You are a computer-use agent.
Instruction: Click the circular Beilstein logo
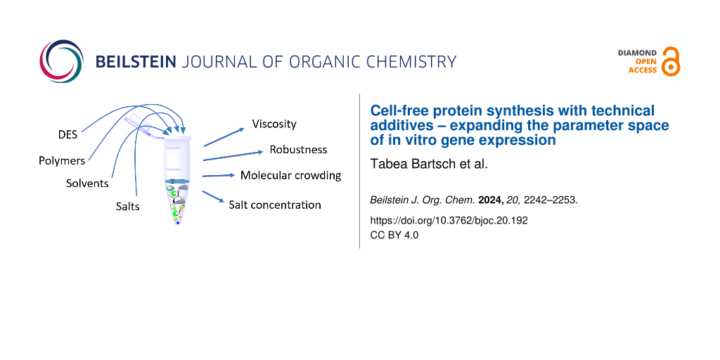62,62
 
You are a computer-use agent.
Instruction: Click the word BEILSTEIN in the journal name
136,62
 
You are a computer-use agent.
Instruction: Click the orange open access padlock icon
671,61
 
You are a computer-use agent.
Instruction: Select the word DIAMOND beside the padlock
638,53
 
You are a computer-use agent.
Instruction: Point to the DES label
68,135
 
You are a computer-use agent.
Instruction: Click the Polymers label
62,161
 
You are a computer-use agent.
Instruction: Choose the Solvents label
87,184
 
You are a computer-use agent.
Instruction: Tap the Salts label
128,207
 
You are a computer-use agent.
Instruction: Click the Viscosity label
274,124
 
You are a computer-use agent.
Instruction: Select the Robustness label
298,150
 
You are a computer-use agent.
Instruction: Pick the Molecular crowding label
291,175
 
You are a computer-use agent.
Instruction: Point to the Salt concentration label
275,205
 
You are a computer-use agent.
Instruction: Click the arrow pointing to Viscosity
224,137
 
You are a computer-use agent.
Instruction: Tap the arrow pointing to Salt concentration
213,197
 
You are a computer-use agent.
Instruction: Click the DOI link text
449,220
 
